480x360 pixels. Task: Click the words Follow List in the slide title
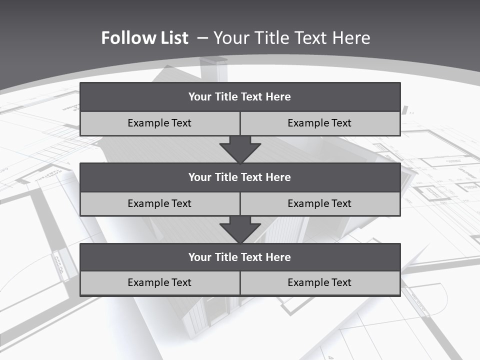(144, 38)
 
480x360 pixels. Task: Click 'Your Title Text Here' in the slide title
(292, 38)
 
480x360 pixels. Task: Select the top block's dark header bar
(240, 96)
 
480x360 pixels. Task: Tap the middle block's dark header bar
(240, 177)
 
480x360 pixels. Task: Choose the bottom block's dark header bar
(240, 257)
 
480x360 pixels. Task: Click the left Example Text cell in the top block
(159, 123)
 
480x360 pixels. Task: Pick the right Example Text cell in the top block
(320, 123)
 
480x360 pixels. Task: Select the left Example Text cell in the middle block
(159, 203)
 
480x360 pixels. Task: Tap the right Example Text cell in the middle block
(320, 203)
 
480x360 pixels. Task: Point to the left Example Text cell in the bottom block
(159, 282)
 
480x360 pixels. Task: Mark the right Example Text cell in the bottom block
(320, 282)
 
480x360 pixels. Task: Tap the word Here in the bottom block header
(278, 257)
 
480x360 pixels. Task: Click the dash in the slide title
(202, 38)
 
